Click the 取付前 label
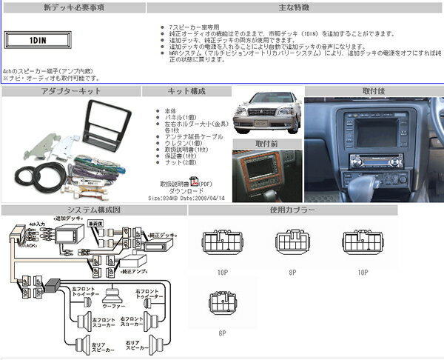267,144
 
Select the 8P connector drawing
293,243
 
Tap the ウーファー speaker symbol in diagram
114,293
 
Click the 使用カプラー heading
292,210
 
